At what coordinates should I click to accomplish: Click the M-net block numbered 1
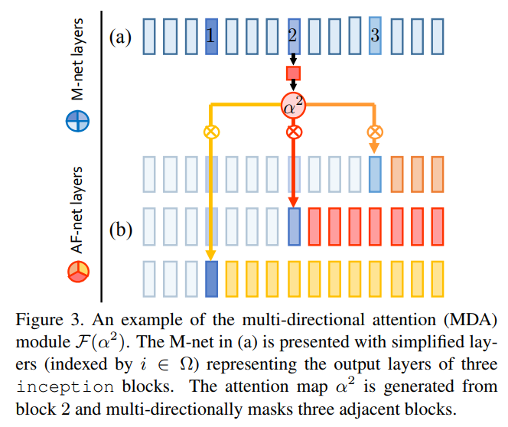pos(211,36)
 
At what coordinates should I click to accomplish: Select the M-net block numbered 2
pos(293,36)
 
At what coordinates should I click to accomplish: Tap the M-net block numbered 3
pos(374,36)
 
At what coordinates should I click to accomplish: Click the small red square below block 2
pos(293,73)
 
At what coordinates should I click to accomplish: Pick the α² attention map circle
pos(293,106)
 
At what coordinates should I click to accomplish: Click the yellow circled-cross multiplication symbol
pos(211,132)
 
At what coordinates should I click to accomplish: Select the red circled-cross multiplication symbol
pos(293,132)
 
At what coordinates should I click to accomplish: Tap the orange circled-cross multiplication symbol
pos(374,132)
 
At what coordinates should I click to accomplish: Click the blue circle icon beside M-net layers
pos(78,121)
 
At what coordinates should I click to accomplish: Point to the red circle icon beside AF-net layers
pos(78,270)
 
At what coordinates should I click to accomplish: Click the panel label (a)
pos(121,36)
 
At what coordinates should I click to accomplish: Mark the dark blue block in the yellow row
pos(211,280)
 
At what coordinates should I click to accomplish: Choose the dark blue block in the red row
pos(293,227)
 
